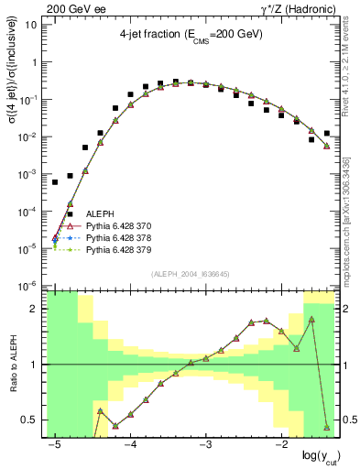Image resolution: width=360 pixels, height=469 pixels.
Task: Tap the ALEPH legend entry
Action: (x=99, y=214)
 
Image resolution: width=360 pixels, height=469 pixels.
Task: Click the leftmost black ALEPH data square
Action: (x=55, y=182)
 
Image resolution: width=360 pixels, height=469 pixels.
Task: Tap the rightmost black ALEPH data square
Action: (x=327, y=133)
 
